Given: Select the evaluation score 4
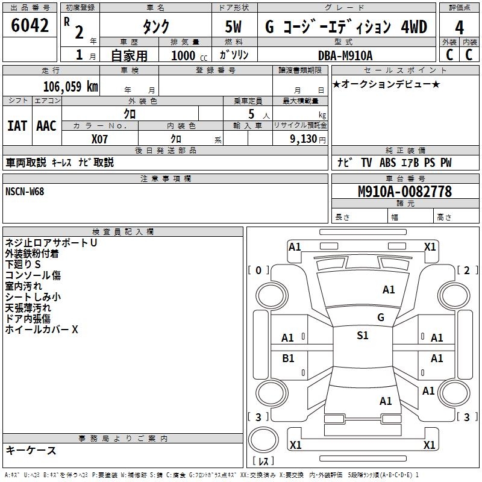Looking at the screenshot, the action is pos(460,27).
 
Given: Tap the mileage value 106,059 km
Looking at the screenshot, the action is pos(70,87).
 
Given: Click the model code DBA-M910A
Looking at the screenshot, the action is pos(345,55).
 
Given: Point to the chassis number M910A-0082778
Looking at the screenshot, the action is pos(404,192).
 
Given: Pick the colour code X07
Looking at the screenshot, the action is pos(100,139).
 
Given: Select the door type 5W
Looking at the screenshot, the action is pos(235,27).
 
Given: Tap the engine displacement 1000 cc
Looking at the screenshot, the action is pos(189,55).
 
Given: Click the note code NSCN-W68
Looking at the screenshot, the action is pos(25,192).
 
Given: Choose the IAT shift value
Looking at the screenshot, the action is pos(17,126).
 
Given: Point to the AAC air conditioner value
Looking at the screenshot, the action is pos(46,126).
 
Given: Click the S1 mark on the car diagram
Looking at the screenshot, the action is pos(362,336).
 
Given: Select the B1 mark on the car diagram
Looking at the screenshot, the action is pos(288,358).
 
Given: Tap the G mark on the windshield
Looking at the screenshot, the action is pos(380,317).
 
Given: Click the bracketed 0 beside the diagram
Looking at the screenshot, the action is pos(258,271).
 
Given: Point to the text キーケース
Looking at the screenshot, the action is pos(31,451).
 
